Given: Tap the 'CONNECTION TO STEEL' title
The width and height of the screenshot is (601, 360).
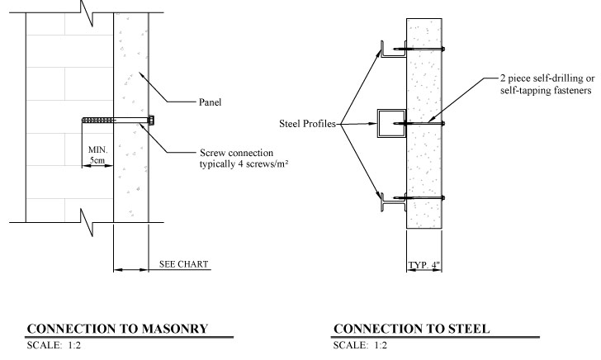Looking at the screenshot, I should pos(413,329).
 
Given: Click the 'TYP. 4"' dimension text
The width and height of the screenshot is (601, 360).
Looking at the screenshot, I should pos(424,265).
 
